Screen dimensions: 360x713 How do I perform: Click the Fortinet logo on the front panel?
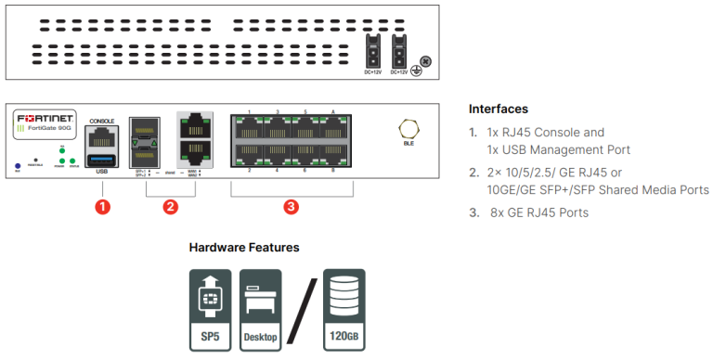pyautogui.click(x=44, y=119)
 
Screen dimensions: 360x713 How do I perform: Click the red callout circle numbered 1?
pyautogui.click(x=103, y=207)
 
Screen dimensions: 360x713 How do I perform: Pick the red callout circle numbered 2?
pyautogui.click(x=170, y=207)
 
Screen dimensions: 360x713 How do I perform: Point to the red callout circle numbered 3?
pyautogui.click(x=291, y=207)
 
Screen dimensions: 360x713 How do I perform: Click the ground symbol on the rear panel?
pyautogui.click(x=417, y=72)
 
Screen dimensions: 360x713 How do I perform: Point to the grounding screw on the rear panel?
pyautogui.click(x=425, y=61)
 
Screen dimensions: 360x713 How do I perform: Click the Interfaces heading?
pyautogui.click(x=499, y=109)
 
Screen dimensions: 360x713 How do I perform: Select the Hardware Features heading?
pyautogui.click(x=244, y=248)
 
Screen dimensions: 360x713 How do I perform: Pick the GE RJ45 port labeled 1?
pyautogui.click(x=250, y=127)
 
